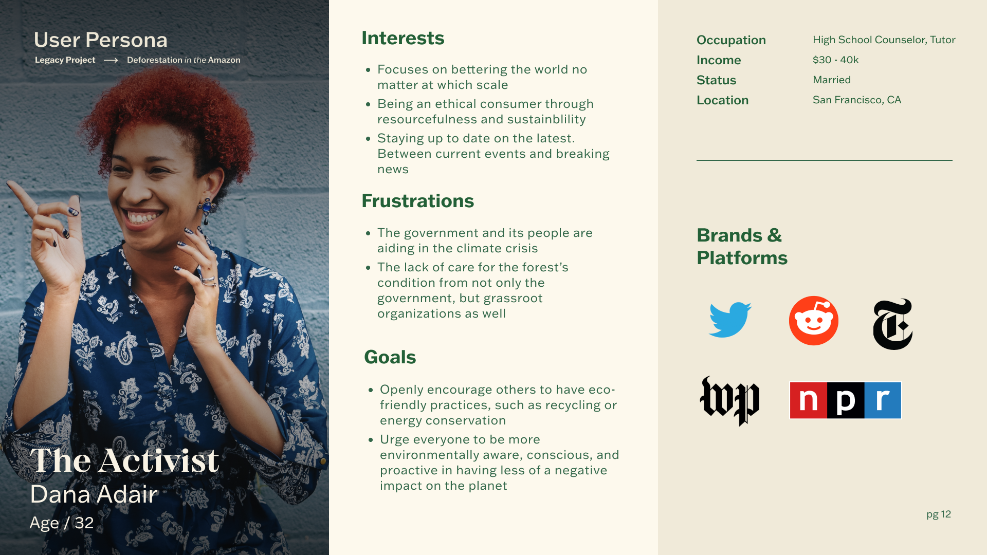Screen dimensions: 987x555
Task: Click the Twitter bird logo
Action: pos(730,320)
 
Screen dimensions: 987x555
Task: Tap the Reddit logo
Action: pos(814,321)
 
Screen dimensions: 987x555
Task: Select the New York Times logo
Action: pos(893,324)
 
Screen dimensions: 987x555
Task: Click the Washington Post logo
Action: pos(729,401)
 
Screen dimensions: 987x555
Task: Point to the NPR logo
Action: pos(846,400)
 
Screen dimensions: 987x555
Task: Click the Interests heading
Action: pos(403,38)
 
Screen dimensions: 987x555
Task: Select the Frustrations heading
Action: pos(418,201)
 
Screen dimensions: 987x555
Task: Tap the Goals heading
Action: pos(390,357)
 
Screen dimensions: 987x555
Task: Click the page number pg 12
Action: pos(939,514)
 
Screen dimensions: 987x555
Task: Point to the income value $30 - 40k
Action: pos(836,60)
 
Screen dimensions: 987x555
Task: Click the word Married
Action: pos(832,80)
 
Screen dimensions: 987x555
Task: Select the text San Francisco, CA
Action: pos(857,100)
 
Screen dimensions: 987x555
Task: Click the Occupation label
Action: pos(731,40)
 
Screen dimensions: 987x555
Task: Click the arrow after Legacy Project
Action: pos(111,60)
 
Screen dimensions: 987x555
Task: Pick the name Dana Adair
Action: pos(94,494)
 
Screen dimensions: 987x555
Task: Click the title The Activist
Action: pos(124,460)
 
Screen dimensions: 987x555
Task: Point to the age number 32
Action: pos(84,523)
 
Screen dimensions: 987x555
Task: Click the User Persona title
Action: pos(101,40)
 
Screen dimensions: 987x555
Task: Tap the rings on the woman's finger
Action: pos(208,281)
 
